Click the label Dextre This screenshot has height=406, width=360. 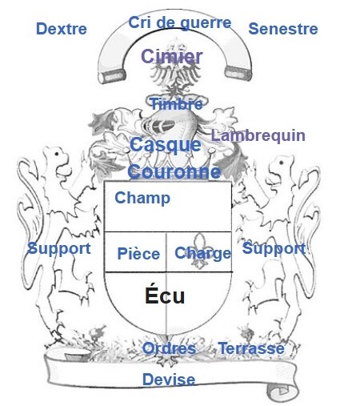[62, 29]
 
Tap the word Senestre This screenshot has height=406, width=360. [283, 29]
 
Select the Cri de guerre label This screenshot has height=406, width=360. [180, 23]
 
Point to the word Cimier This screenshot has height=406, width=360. [172, 56]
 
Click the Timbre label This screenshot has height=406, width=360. [177, 103]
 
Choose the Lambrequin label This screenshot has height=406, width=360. [258, 135]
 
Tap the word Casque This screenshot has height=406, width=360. [166, 145]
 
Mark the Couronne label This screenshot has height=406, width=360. [174, 171]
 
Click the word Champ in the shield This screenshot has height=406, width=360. [142, 199]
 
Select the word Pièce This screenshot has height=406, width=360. [138, 254]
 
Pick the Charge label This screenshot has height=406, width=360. [202, 253]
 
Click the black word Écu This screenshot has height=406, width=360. [165, 295]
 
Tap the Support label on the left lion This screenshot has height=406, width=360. [59, 249]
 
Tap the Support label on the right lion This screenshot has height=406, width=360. [274, 249]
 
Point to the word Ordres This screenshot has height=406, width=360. [169, 348]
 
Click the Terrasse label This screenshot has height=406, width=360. [251, 348]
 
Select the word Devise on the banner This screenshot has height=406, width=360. [169, 380]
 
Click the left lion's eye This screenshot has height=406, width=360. [57, 154]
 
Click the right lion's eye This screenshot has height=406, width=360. [282, 163]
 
